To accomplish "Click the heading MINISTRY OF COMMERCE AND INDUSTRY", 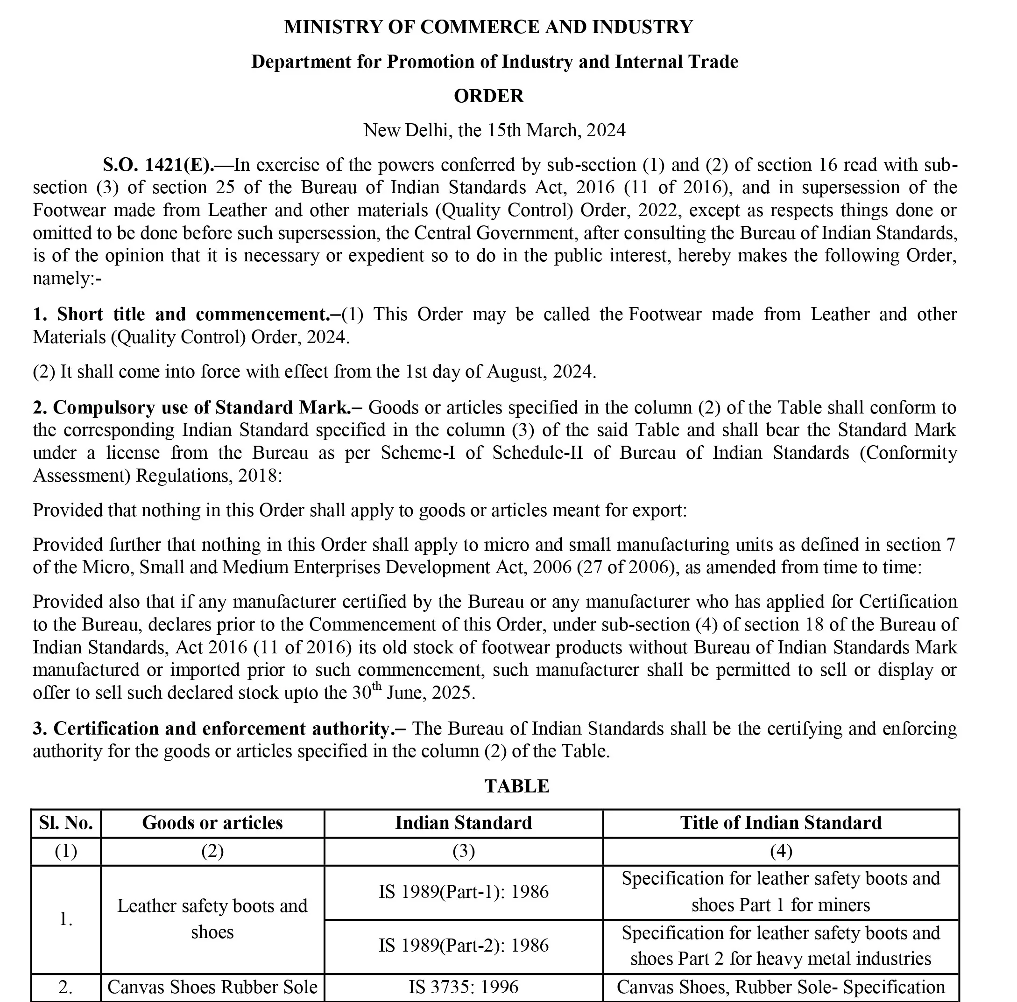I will (488, 27).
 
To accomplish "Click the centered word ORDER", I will (488, 96).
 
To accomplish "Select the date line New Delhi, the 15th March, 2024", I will (494, 131).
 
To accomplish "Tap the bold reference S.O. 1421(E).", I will (158, 165).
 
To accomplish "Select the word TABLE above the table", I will (516, 786).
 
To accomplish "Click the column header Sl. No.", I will (66, 823).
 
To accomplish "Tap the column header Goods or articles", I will (212, 823).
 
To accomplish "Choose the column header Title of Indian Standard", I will (781, 823).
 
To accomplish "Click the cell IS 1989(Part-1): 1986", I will (463, 891).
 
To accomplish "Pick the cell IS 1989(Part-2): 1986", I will (463, 945).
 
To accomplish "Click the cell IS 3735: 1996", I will (463, 987).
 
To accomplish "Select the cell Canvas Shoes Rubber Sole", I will (212, 987).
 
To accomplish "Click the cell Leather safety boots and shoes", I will (212, 918).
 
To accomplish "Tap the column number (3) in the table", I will (463, 851).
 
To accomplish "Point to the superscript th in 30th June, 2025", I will (377, 686).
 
